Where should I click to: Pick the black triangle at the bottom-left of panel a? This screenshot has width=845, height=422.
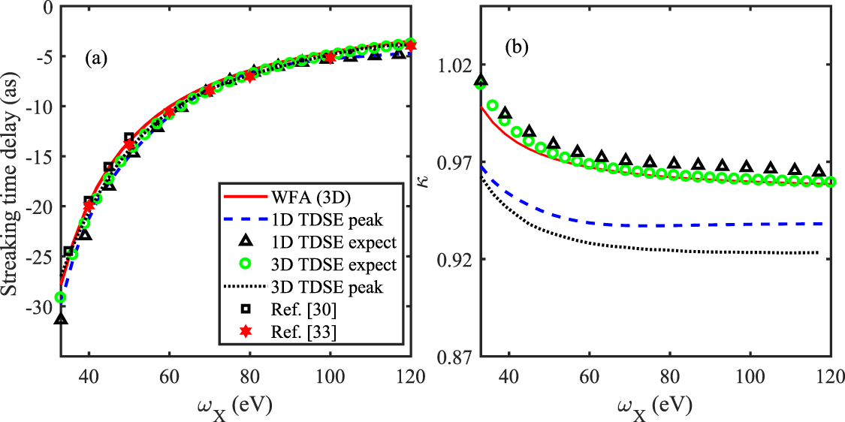pos(61,319)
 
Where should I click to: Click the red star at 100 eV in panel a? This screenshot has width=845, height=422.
pos(329,57)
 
